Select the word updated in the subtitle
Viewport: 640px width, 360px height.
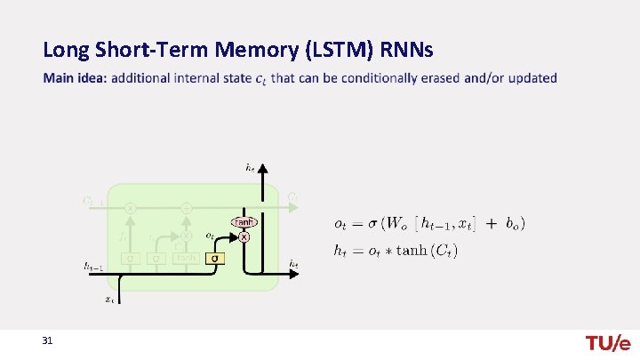coord(531,78)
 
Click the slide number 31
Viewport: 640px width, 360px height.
coord(47,341)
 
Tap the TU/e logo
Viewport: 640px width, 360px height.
coord(607,343)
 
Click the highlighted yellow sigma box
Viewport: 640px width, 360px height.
coord(213,259)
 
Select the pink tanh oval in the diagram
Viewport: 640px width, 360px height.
coord(244,221)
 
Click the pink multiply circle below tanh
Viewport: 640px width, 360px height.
coord(244,237)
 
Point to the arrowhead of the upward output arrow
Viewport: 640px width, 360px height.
coord(262,167)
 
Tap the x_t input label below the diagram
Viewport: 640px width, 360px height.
coord(108,300)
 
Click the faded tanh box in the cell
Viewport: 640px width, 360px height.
coord(186,259)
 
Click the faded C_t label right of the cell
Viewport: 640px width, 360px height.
coord(294,196)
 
